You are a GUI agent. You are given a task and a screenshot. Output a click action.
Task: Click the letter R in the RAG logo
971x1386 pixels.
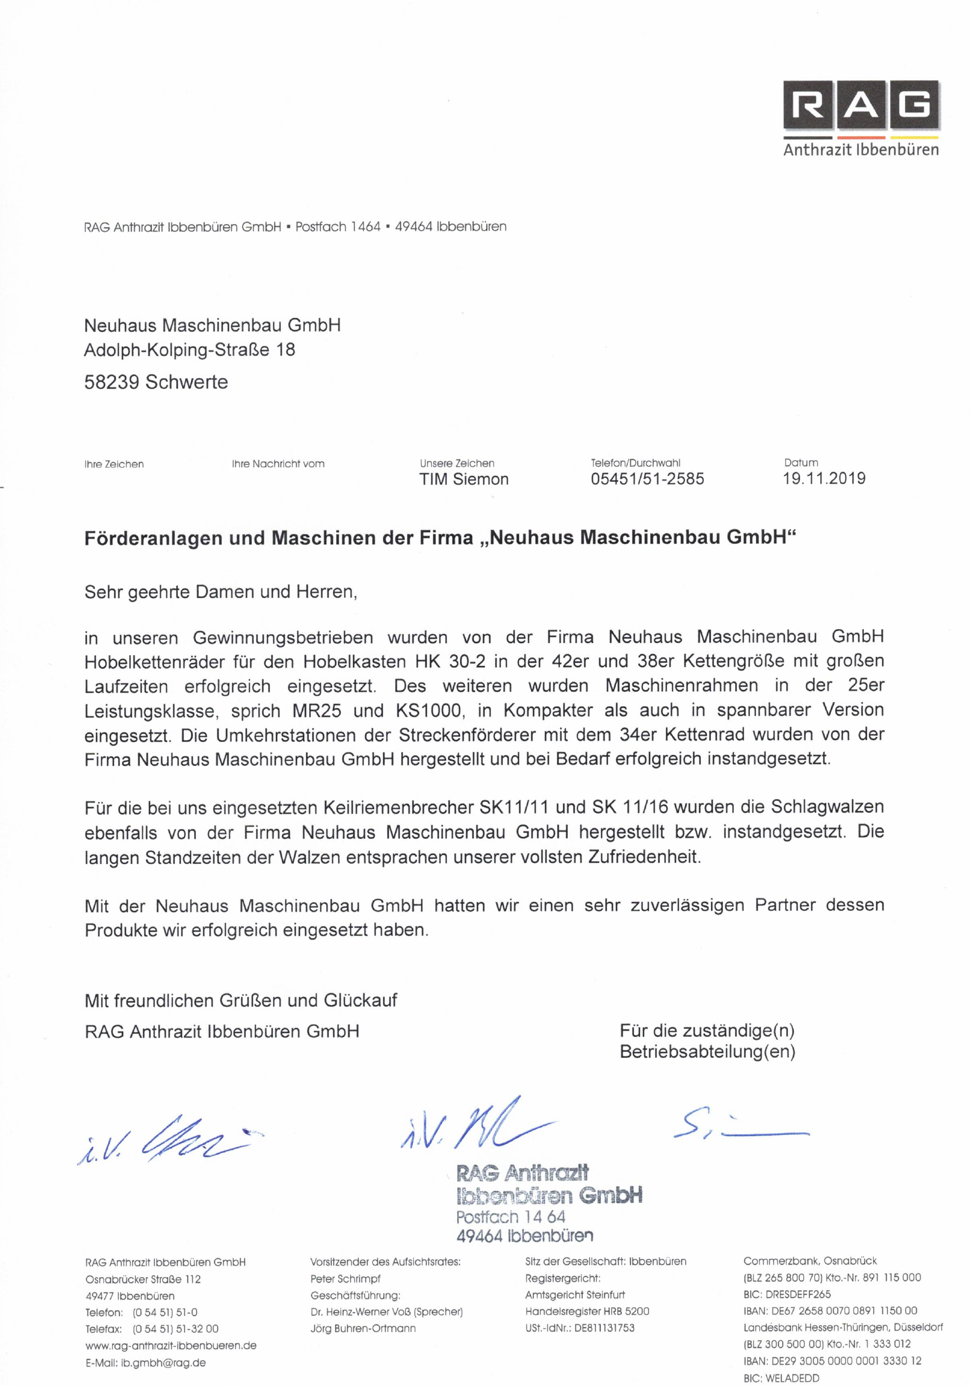tap(809, 105)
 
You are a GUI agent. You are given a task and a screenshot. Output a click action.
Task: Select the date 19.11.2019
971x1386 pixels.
tap(824, 479)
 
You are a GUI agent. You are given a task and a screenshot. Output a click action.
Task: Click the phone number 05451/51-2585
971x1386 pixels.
tap(647, 479)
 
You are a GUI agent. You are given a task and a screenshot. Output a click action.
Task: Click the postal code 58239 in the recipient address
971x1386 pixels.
tap(112, 382)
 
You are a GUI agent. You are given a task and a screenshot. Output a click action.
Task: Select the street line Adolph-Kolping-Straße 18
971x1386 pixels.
tap(189, 350)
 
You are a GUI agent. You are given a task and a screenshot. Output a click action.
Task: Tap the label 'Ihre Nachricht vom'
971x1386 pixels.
tap(278, 463)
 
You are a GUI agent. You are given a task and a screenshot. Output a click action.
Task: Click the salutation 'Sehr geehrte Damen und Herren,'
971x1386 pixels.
tap(221, 592)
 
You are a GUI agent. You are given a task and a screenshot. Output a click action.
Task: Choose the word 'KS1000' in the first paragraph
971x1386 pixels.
tap(430, 711)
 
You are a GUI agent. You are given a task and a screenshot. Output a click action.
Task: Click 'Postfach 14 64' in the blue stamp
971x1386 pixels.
tap(511, 1216)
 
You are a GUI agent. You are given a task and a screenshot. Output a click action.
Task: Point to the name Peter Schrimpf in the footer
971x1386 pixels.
tap(345, 1279)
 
